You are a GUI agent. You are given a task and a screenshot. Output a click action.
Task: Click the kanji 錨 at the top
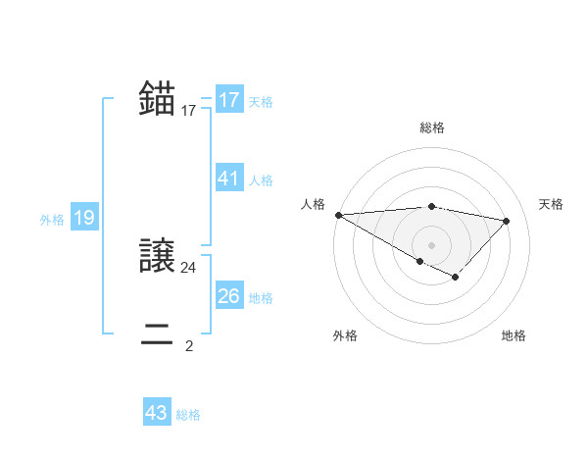tap(158, 100)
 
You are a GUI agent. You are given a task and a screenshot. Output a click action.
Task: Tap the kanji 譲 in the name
tap(158, 257)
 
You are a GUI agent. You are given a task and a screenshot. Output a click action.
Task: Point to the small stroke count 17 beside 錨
tap(189, 111)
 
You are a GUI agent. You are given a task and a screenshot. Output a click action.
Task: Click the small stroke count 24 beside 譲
tap(189, 267)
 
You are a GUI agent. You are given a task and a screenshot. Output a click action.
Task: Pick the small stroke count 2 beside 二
tap(189, 345)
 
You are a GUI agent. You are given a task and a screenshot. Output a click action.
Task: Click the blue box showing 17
tap(229, 100)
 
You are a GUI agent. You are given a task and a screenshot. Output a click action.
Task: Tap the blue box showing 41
tap(229, 179)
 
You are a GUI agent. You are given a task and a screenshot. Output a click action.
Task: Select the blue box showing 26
tap(229, 296)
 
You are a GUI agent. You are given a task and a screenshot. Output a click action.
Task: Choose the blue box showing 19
tap(83, 218)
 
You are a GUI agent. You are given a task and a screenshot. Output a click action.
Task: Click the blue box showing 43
tap(157, 413)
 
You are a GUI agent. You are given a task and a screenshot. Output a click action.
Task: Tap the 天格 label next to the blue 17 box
tap(261, 101)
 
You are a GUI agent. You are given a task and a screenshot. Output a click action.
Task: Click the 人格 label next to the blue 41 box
tap(261, 179)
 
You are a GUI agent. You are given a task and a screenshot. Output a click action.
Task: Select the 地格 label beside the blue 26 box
tap(261, 297)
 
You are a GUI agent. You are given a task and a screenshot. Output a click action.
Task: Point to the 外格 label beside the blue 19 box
tap(52, 220)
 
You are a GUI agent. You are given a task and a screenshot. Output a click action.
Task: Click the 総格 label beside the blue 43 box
tap(188, 414)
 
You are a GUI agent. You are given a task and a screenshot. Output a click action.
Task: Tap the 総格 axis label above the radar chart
tap(431, 128)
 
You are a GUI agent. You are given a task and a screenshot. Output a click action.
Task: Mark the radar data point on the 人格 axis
tap(338, 214)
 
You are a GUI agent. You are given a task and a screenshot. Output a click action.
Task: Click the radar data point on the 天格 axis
tap(506, 221)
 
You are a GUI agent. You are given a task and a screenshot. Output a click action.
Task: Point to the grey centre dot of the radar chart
tap(431, 244)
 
